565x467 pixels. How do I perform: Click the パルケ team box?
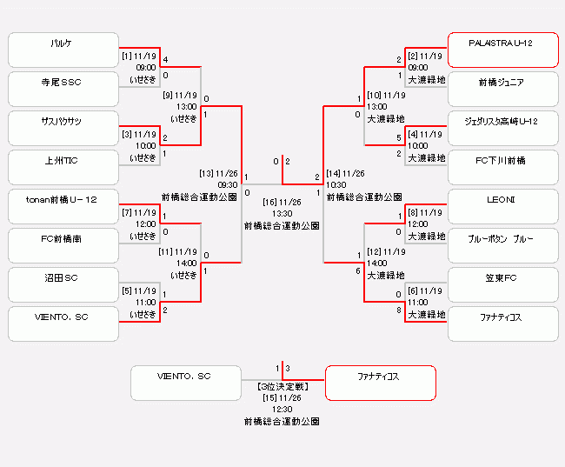coord(63,50)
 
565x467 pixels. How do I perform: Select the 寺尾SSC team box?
coord(63,89)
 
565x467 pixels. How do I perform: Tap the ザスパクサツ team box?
coord(63,128)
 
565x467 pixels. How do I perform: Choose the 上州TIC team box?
coord(63,167)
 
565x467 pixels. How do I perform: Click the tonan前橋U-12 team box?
coord(63,206)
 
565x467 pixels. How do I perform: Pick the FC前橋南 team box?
coord(63,245)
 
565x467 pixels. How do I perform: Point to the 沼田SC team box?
coord(63,284)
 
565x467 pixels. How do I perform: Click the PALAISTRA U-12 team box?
coord(502,50)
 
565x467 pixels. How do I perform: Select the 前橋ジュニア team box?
coord(502,89)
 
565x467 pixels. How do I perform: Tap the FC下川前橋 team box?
coord(502,167)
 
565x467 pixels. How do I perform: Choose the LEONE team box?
coord(502,206)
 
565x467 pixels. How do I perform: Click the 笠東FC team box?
coord(502,284)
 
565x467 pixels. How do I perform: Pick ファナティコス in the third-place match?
coord(380,383)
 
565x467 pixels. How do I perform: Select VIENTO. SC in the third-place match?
coord(185,383)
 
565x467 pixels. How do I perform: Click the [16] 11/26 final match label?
coord(282,202)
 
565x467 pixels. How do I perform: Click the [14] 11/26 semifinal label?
coord(347,173)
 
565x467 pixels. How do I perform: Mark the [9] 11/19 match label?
coord(180,96)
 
